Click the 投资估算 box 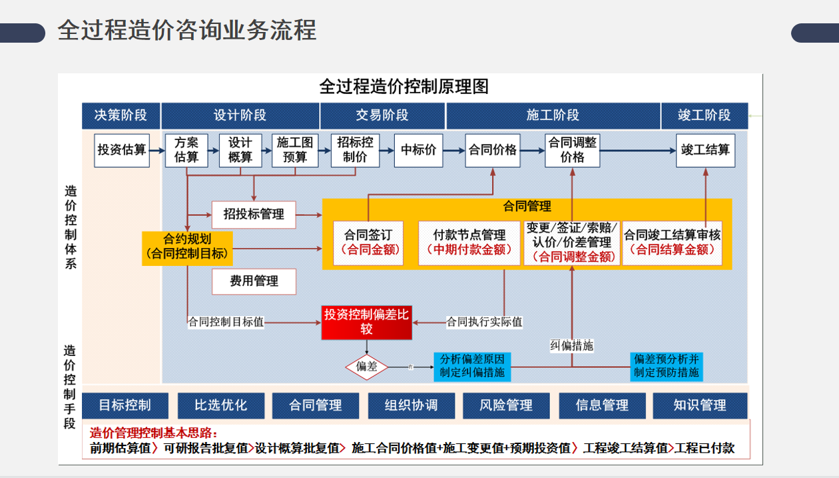coord(122,150)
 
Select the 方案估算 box coord(186,150)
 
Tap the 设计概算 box coord(240,150)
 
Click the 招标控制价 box coord(355,150)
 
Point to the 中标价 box coord(418,150)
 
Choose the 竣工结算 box coord(705,150)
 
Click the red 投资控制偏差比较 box coord(366,322)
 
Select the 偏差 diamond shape coord(367,366)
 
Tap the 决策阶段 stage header coord(121,115)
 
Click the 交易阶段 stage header coord(382,115)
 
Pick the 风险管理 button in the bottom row coord(507,405)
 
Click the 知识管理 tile coord(700,405)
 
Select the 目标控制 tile coord(125,405)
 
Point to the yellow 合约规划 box coord(187,247)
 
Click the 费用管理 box coord(254,281)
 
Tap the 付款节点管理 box coord(469,242)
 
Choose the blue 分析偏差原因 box coord(472,366)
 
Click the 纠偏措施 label coord(572,345)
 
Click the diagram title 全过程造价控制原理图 coord(404,87)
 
